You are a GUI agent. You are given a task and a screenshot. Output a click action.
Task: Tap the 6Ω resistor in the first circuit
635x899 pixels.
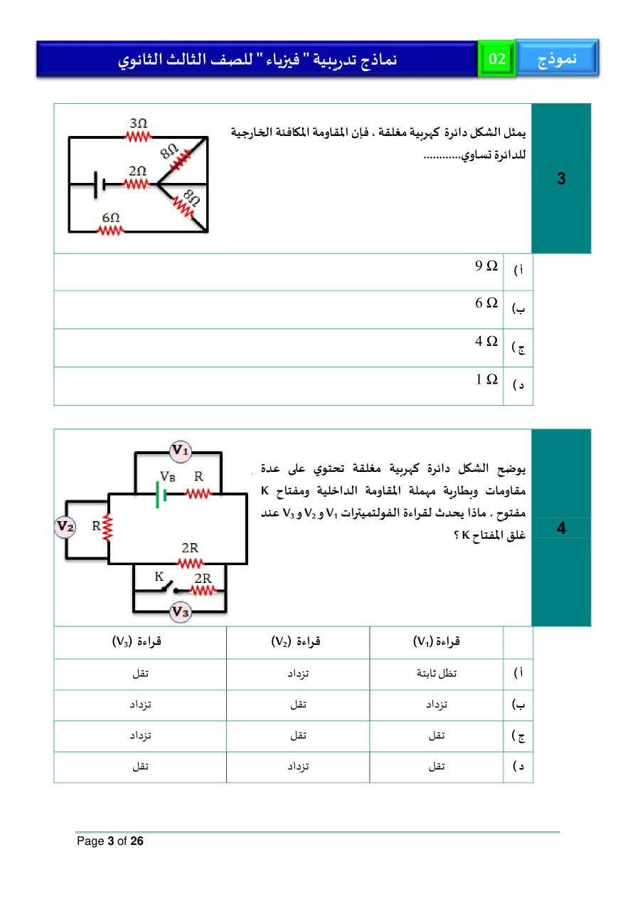tap(111, 229)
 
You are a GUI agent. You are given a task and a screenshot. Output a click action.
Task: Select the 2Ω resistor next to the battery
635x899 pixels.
tap(137, 184)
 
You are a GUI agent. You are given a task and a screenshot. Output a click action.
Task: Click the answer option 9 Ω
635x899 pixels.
tap(487, 266)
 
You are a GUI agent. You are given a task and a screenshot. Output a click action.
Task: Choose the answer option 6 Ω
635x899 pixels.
tap(487, 304)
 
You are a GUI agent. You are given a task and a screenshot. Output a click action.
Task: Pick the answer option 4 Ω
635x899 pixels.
tap(487, 342)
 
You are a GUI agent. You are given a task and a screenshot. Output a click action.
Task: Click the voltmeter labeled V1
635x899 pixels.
tap(180, 450)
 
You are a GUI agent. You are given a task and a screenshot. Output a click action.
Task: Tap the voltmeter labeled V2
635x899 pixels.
tap(65, 527)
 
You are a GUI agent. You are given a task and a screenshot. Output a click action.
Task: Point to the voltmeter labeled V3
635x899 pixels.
tap(181, 612)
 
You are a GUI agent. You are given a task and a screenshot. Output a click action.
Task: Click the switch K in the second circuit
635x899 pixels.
tap(169, 589)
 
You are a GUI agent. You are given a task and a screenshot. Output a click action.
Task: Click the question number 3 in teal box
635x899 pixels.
tap(561, 179)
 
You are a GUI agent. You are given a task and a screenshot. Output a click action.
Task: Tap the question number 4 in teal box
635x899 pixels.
tap(561, 528)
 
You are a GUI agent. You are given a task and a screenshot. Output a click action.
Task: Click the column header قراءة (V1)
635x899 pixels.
tap(437, 642)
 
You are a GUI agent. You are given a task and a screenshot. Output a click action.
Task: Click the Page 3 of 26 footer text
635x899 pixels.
tap(110, 841)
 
